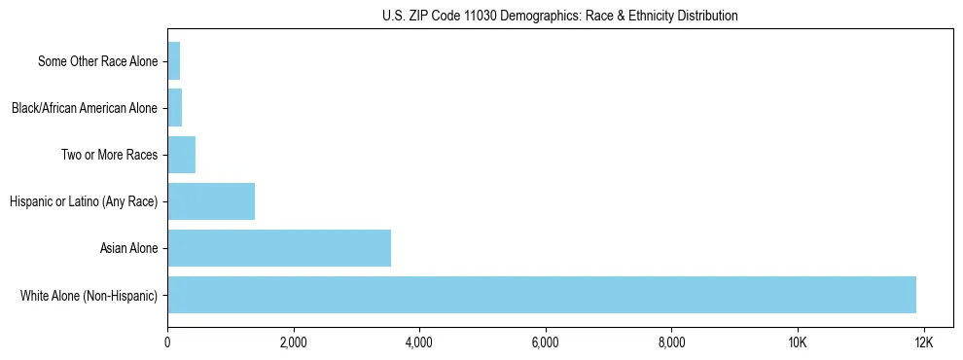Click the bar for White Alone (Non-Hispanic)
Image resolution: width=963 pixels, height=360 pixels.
coord(541,295)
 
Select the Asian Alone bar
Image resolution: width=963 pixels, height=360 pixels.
coord(279,248)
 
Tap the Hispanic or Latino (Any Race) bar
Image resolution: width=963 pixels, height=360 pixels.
coord(211,201)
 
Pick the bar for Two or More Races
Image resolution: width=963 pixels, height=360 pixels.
coord(182,155)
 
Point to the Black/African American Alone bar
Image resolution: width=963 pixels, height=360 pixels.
coord(175,108)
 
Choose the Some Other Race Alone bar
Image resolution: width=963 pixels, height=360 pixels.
coord(174,61)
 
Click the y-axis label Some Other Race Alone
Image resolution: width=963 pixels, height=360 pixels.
coord(97,61)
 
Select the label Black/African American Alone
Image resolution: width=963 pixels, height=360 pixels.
coord(84,108)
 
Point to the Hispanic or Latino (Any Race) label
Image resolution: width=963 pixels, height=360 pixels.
coord(83,201)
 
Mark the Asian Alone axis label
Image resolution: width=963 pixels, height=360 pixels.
coord(128,248)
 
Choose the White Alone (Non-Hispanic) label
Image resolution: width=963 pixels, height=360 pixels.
coord(89,295)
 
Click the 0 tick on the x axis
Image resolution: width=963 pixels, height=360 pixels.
coord(167,343)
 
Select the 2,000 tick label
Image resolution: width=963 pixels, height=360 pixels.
coord(293,343)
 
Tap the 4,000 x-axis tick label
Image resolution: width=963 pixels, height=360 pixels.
coord(419,343)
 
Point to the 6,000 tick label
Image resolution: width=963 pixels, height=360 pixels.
coord(546,343)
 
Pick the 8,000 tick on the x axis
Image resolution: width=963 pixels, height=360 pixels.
coord(672,343)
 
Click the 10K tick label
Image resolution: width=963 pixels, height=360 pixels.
coord(798,343)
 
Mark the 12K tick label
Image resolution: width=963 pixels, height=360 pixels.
coord(924,343)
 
